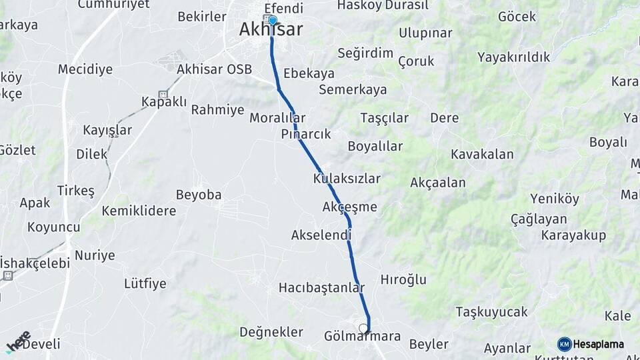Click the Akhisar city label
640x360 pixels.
(x=271, y=30)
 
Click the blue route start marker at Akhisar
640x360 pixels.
(x=272, y=20)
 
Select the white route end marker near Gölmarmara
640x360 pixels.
(x=363, y=328)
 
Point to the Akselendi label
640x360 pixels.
(x=321, y=235)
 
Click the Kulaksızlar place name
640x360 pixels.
(x=347, y=179)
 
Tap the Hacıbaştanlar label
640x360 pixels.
(x=322, y=288)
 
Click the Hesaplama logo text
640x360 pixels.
(x=598, y=344)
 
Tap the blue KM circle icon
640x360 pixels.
(x=564, y=344)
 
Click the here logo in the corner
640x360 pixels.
(x=18, y=342)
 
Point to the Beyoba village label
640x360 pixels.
(x=199, y=195)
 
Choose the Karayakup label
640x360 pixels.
(x=573, y=235)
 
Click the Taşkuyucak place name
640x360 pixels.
(x=491, y=311)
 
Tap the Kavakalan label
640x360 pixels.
(x=482, y=155)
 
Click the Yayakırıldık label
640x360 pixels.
(x=514, y=57)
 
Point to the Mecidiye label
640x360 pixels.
(x=85, y=69)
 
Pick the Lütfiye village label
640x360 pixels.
(x=145, y=283)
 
